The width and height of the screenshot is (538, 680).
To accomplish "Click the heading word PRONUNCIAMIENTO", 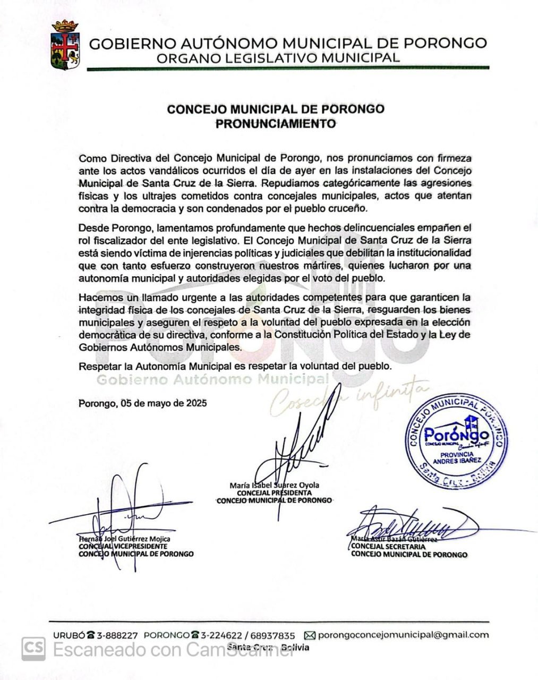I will (x=276, y=124).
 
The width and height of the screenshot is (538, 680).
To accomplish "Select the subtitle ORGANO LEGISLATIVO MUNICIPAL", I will (x=278, y=58).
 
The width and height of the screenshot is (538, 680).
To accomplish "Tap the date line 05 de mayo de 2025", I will (x=143, y=403).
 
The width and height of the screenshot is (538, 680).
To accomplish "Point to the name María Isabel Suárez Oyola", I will (x=275, y=485).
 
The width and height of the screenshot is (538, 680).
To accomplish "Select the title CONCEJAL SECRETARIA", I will (x=388, y=547).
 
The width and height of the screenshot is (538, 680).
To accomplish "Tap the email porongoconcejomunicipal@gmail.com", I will (x=404, y=635).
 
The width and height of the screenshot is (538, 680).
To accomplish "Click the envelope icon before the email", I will (x=310, y=635).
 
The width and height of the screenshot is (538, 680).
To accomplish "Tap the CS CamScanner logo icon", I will (x=33, y=649).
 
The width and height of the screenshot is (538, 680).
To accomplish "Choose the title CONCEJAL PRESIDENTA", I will (x=275, y=492).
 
